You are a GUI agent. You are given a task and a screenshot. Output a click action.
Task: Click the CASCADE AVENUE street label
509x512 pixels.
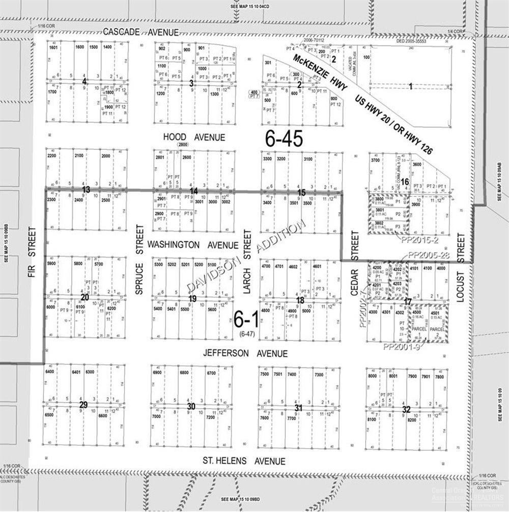(140, 32)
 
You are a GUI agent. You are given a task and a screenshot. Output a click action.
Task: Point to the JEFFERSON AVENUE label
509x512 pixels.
(245, 353)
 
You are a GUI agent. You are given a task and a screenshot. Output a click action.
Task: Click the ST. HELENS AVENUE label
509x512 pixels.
(244, 461)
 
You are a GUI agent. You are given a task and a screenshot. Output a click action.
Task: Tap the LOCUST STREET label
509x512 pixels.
(461, 267)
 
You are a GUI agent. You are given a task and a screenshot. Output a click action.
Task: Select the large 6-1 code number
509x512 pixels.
(246, 320)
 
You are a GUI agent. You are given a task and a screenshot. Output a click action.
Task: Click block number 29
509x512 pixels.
(83, 405)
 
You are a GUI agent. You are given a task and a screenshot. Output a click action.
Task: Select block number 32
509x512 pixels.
(406, 409)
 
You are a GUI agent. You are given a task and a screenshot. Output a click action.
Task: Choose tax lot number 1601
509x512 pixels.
(54, 47)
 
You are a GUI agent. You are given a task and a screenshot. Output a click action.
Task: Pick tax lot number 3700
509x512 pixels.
(376, 161)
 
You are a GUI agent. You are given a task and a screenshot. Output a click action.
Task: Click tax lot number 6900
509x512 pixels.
(157, 373)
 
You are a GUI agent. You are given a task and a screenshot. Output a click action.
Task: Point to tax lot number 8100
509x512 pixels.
(372, 420)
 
